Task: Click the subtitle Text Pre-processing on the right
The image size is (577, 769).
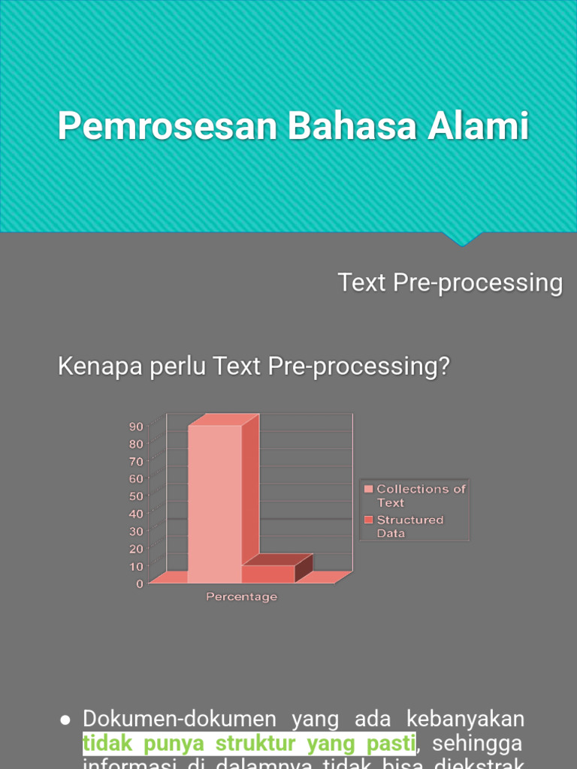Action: coord(450,283)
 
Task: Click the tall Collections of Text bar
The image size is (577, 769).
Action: coord(214,503)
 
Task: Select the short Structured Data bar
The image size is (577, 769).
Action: coord(268,574)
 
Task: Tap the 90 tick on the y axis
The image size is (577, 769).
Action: coord(136,426)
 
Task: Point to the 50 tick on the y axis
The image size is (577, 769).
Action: coord(136,496)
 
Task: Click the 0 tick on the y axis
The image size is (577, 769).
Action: coord(140,584)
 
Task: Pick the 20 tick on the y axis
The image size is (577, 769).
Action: coord(136,548)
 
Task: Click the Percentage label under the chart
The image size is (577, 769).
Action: coord(242,597)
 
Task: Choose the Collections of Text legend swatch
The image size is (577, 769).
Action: coord(368,489)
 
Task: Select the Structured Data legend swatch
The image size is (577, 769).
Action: coord(368,520)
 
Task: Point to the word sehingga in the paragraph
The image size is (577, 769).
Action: coord(478,744)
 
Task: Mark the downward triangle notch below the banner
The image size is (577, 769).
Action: coord(461,240)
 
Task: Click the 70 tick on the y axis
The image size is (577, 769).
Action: coord(136,461)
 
